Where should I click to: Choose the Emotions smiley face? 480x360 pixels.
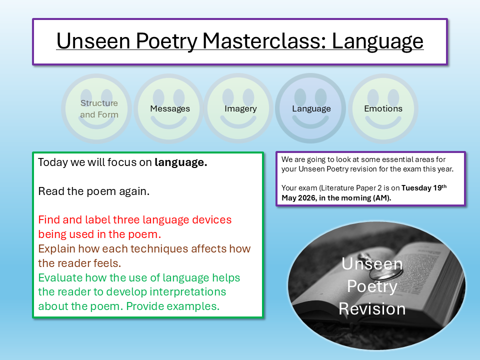click(383, 108)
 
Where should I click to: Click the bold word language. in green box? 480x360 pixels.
click(180, 162)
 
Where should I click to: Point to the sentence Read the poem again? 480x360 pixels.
click(93, 191)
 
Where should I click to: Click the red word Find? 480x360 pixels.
click(49, 219)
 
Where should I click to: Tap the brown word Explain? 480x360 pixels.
click(57, 248)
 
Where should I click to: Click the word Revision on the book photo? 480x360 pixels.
click(372, 308)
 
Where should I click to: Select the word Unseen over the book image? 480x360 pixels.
click(372, 263)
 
